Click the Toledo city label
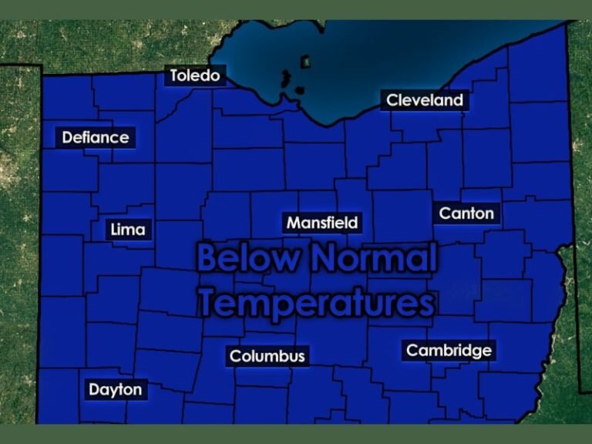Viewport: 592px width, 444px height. pyautogui.click(x=195, y=76)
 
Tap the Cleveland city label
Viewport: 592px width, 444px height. pyautogui.click(x=425, y=100)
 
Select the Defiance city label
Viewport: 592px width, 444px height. pyautogui.click(x=96, y=138)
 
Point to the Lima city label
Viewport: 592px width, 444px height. pyautogui.click(x=128, y=230)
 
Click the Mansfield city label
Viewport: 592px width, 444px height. pyautogui.click(x=322, y=223)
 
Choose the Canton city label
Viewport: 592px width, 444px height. pyautogui.click(x=466, y=213)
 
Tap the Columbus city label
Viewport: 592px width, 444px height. pyautogui.click(x=267, y=356)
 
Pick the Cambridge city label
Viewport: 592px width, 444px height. pyautogui.click(x=449, y=351)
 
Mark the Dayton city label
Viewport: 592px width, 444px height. pyautogui.click(x=116, y=389)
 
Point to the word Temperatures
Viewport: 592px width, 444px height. pyautogui.click(x=316, y=302)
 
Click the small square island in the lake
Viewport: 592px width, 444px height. pyautogui.click(x=305, y=60)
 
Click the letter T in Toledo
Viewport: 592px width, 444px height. pyautogui.click(x=173, y=76)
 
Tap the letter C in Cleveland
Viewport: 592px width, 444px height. pyautogui.click(x=392, y=100)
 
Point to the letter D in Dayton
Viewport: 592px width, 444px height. pyautogui.click(x=94, y=389)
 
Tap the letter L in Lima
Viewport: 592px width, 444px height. pyautogui.click(x=115, y=230)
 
